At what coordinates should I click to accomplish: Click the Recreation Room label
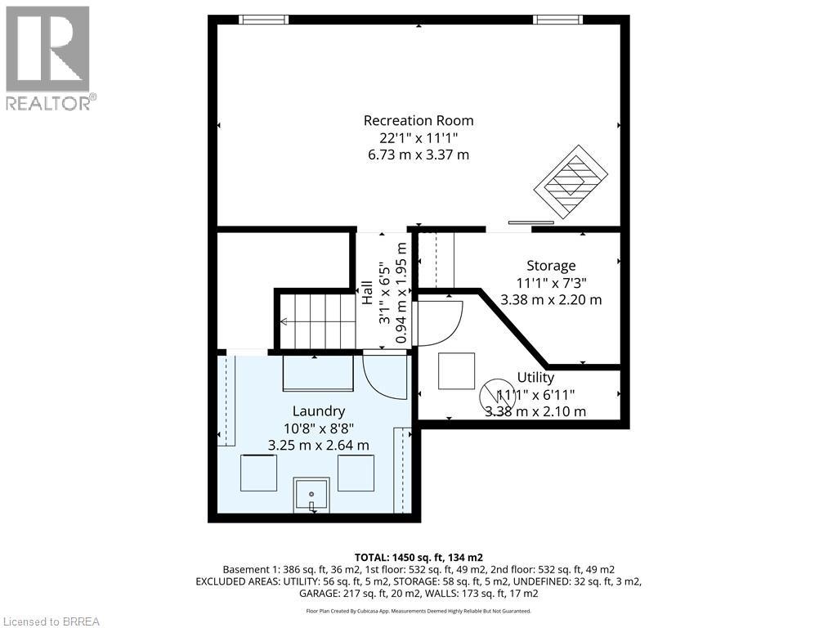[x=418, y=121]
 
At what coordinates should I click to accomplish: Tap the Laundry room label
[x=319, y=411]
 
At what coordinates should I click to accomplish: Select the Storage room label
[x=551, y=266]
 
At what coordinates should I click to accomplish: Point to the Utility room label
[x=535, y=378]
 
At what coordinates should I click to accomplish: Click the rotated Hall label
[x=368, y=293]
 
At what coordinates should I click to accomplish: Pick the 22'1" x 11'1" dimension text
[x=419, y=137]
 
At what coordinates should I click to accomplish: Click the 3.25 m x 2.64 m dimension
[x=319, y=446]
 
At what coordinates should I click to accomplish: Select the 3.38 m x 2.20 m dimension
[x=551, y=299]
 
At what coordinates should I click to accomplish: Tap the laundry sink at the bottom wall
[x=311, y=495]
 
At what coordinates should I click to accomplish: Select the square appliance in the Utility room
[x=456, y=370]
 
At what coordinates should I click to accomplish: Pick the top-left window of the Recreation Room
[x=263, y=20]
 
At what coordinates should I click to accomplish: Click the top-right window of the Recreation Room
[x=557, y=20]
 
